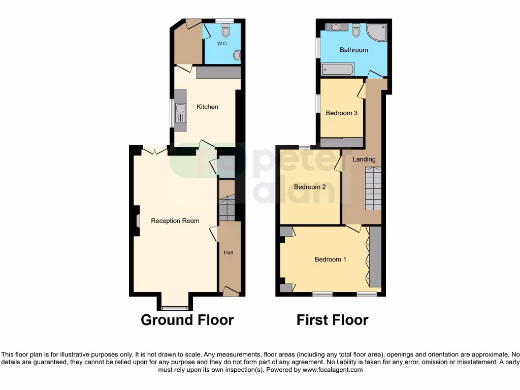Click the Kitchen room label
[x=207, y=107]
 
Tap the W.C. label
[x=222, y=44]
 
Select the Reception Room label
[x=175, y=221]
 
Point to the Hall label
[x=229, y=252]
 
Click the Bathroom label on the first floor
[x=353, y=50]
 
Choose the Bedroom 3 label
[x=342, y=113]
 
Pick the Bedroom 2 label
[x=310, y=187]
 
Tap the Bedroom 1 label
[x=331, y=259]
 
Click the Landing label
[x=364, y=159]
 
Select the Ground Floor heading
[x=187, y=320]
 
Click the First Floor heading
[x=332, y=320]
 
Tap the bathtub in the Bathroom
[x=338, y=69]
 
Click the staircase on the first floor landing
[x=373, y=187]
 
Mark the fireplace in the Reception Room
[x=137, y=220]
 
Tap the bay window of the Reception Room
[x=175, y=308]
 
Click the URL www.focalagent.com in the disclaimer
[x=333, y=370]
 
